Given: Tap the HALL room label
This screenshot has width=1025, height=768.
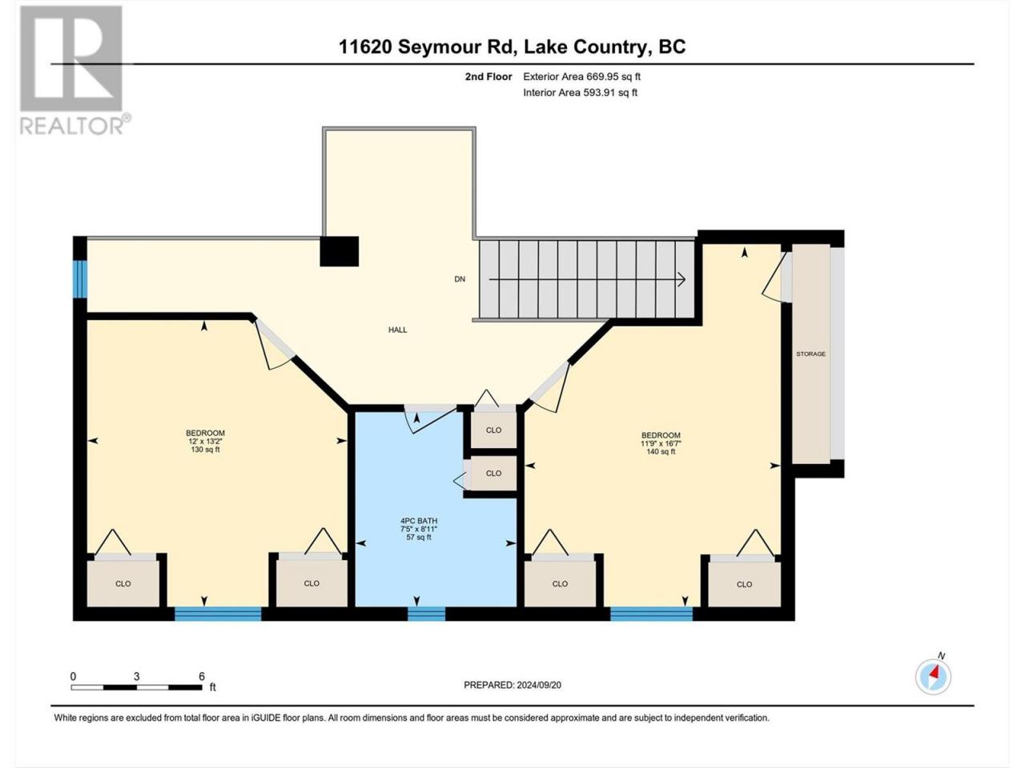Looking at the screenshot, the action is [397, 330].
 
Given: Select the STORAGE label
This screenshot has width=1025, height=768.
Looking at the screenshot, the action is [810, 354].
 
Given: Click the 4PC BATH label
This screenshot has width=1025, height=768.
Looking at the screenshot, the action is [419, 521].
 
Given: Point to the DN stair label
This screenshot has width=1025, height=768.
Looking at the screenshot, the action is [460, 279].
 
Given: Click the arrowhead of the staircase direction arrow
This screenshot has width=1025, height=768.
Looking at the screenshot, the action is [681, 279].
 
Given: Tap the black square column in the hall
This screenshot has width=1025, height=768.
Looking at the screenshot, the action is [339, 251].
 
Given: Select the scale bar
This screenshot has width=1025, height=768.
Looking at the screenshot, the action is [136, 687].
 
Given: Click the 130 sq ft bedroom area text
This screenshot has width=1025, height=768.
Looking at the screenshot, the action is [205, 450].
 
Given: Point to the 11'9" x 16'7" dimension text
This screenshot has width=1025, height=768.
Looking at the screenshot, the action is [661, 443].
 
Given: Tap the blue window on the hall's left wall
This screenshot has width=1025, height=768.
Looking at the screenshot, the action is [81, 278].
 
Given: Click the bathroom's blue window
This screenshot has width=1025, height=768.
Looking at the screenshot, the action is [426, 614].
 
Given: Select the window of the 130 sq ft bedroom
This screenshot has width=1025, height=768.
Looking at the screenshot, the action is [218, 614].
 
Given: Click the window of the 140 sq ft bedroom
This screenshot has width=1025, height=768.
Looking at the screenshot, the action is [651, 614].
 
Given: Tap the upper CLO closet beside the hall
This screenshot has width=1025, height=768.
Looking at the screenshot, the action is [493, 430].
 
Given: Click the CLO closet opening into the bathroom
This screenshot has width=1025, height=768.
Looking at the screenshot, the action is [493, 474].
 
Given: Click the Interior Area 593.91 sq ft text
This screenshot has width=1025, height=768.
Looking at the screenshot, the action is [580, 92].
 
